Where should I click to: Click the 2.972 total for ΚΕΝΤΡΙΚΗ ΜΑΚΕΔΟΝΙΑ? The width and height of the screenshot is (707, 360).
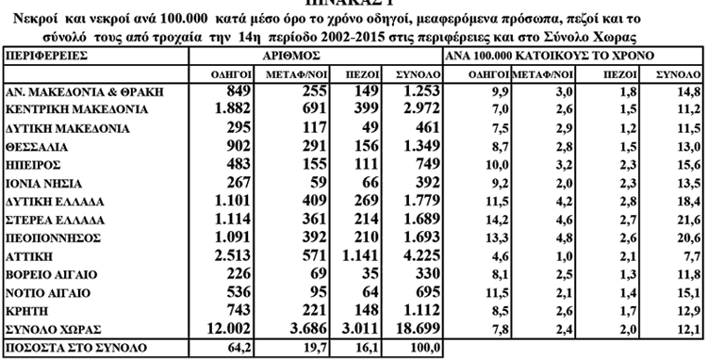[416, 110]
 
